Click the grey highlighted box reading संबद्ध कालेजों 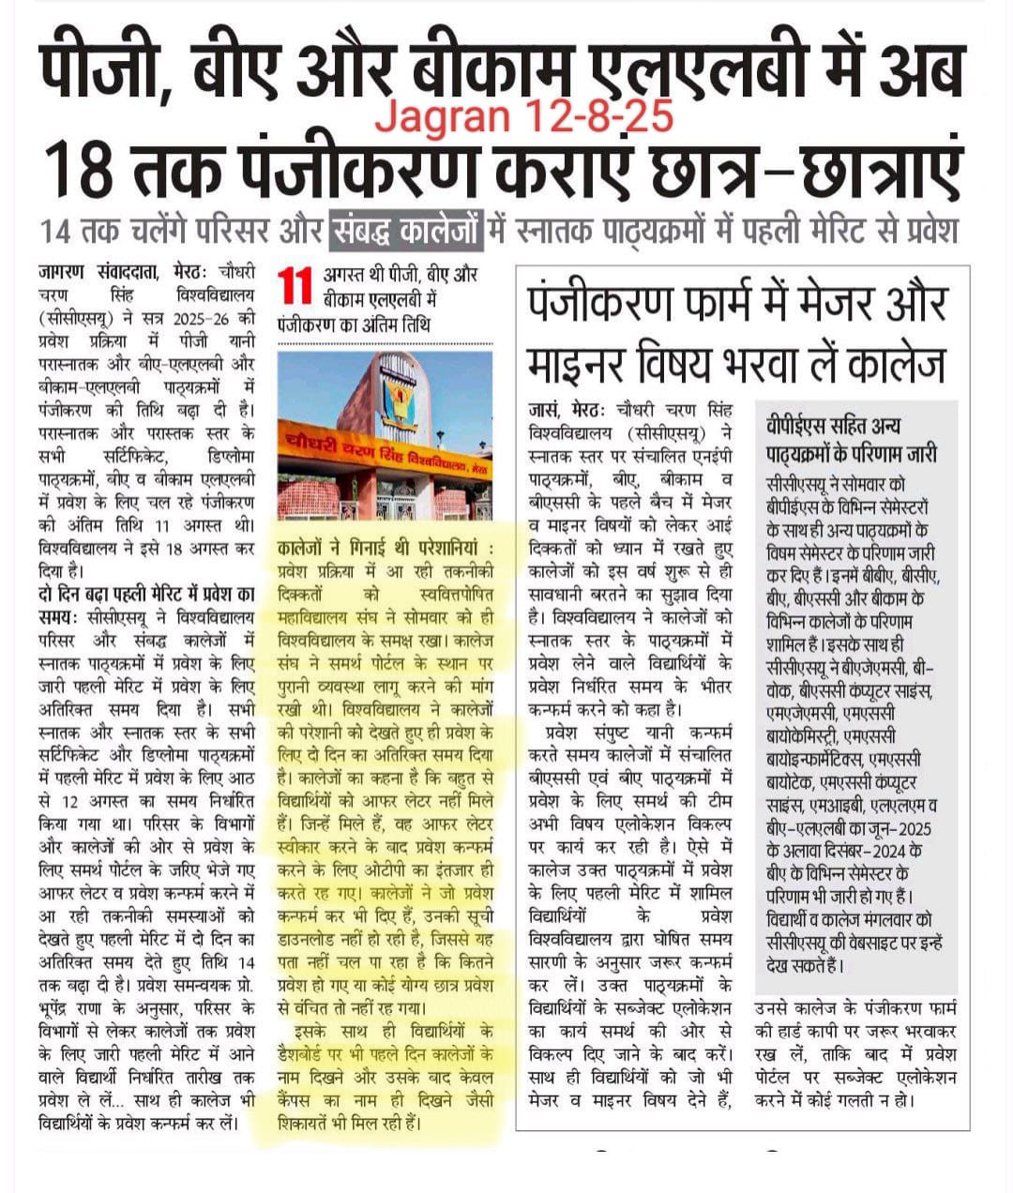pyautogui.click(x=407, y=231)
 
